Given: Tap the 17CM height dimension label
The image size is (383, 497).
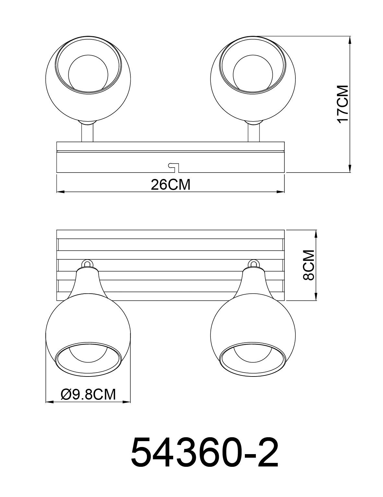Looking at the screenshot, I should [x=342, y=104].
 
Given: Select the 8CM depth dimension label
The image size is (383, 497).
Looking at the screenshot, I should [x=308, y=265].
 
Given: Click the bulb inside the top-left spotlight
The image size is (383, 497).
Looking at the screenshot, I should [x=88, y=71].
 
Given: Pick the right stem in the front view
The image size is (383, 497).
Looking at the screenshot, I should [x=254, y=133].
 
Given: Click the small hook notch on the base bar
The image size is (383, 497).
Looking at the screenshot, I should [x=173, y=167].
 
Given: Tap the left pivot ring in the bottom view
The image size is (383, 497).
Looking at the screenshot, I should [x=87, y=263].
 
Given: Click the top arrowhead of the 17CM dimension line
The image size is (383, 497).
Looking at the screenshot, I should [x=350, y=39].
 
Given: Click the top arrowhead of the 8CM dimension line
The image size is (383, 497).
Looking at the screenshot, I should [x=316, y=234].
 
